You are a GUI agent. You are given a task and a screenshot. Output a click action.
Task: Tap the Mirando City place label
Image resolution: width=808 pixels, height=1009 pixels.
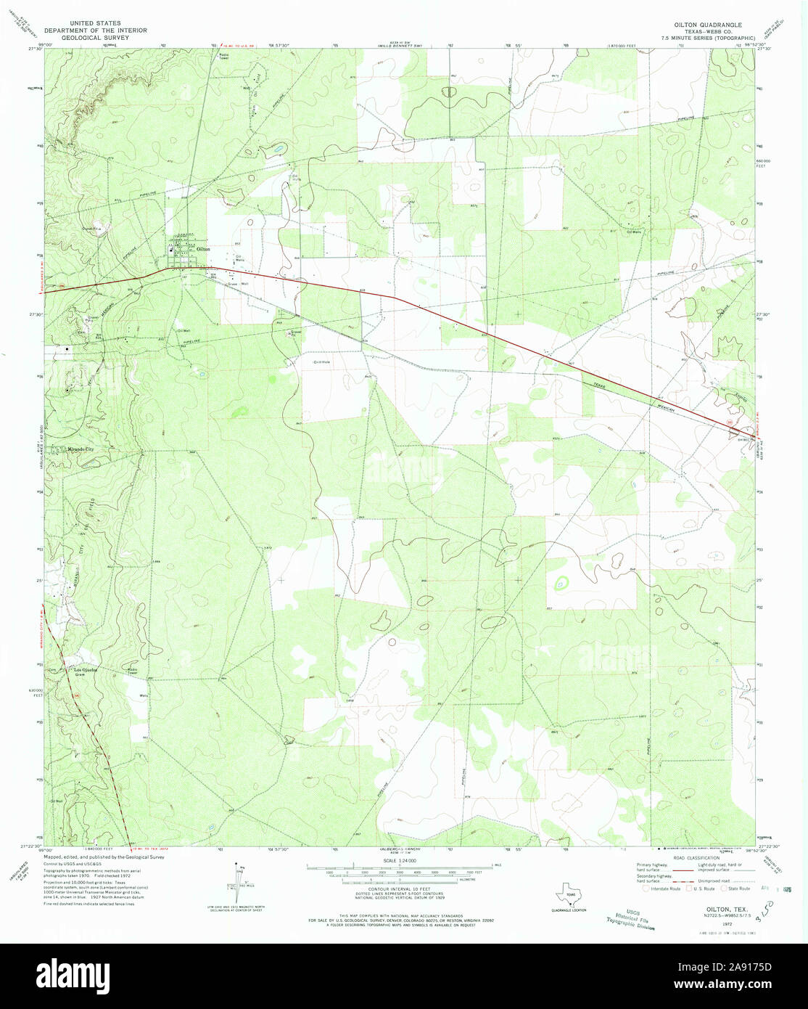pos(81,449)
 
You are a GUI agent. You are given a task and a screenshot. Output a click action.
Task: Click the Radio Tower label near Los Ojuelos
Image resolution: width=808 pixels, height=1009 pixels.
pos(132,671)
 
